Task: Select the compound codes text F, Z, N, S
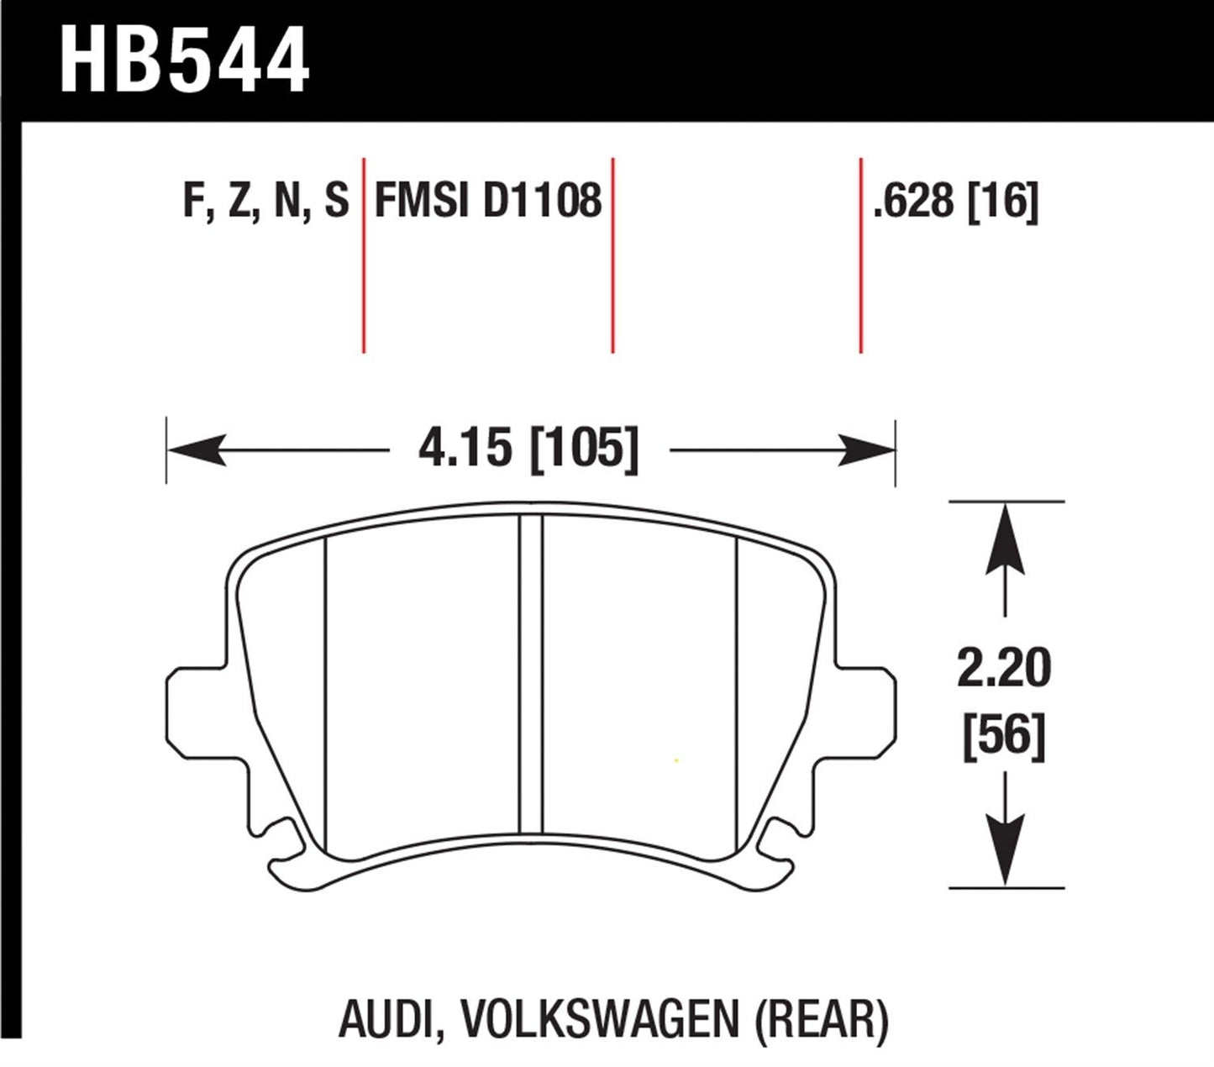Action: click(x=265, y=202)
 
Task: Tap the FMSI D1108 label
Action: click(x=488, y=202)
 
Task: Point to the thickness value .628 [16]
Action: click(x=955, y=202)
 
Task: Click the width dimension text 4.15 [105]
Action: click(x=528, y=449)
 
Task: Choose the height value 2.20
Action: click(x=1004, y=670)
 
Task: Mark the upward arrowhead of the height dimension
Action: click(x=1006, y=538)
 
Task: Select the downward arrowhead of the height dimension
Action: click(x=1006, y=849)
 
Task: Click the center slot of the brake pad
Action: click(x=530, y=672)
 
